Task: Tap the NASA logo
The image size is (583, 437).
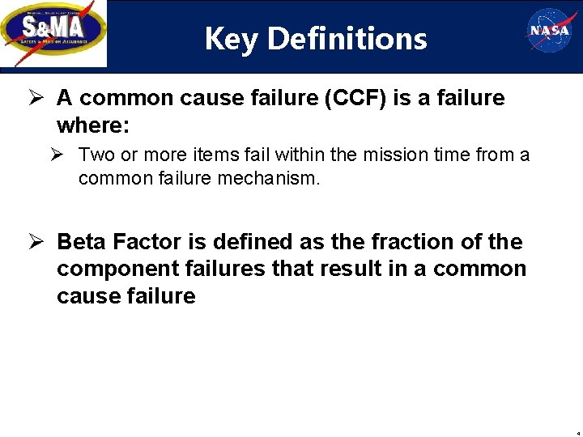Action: (x=551, y=31)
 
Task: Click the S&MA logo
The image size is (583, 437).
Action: (x=53, y=33)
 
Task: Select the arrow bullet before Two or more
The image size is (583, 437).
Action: (x=64, y=155)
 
